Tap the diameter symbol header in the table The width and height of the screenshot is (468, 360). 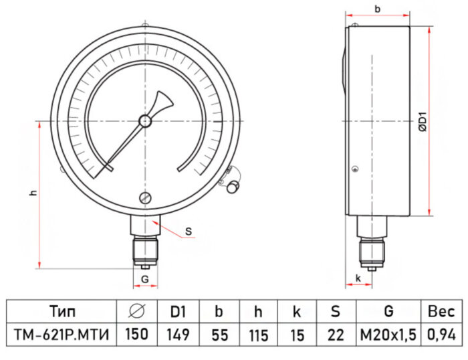136,311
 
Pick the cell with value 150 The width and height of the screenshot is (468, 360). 136,333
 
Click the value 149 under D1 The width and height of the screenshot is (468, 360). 177,333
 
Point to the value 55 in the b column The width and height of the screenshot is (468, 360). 217,333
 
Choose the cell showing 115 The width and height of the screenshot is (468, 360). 257,333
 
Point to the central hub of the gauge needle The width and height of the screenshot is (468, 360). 145,121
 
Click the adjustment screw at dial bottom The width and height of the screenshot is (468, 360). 145,197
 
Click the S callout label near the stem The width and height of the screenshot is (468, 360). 189,232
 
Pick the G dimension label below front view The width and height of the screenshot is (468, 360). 144,278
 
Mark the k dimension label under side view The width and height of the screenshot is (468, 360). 358,277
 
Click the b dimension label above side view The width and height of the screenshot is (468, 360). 378,9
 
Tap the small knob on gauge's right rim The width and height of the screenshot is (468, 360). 233,187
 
